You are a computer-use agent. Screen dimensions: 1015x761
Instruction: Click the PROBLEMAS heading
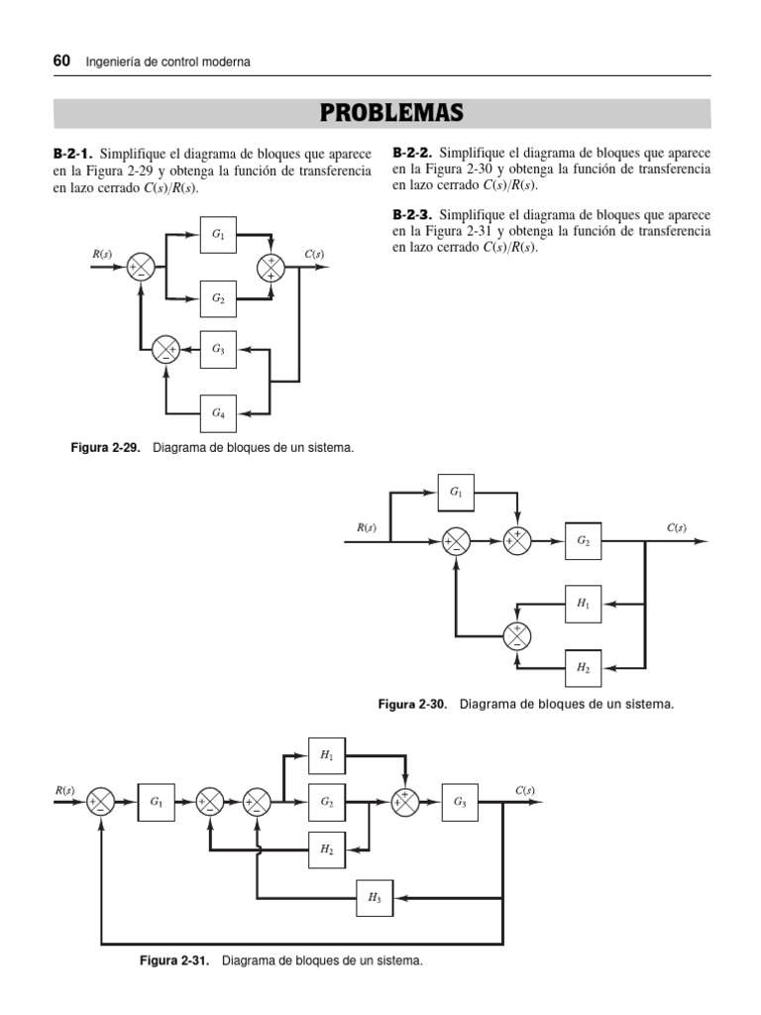coord(392,113)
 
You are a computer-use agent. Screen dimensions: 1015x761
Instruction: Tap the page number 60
coord(60,61)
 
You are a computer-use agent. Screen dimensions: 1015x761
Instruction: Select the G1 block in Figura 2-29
coord(218,236)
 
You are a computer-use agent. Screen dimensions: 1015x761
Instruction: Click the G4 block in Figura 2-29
coord(218,412)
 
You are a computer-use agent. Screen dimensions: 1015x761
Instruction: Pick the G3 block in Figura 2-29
coord(218,349)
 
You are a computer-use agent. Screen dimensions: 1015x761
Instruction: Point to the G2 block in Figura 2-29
coord(218,297)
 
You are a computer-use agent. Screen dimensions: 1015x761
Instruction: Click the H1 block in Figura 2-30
coord(583,603)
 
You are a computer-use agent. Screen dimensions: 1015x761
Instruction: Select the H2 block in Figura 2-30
coord(583,666)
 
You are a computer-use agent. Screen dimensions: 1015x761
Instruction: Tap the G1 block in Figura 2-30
coord(456,492)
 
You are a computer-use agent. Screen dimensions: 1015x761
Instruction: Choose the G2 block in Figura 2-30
coord(583,541)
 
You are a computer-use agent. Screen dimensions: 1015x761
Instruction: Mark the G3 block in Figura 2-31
coord(460,802)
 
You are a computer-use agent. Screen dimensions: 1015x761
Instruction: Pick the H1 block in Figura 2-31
coord(326,755)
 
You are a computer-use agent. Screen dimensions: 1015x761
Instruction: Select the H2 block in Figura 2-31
coord(326,849)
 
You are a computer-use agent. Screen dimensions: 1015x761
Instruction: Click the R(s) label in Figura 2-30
coord(367,527)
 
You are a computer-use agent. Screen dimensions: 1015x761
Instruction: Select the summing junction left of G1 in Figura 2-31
coord(101,802)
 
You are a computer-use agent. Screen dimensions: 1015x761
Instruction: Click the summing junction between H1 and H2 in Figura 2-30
coord(517,633)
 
